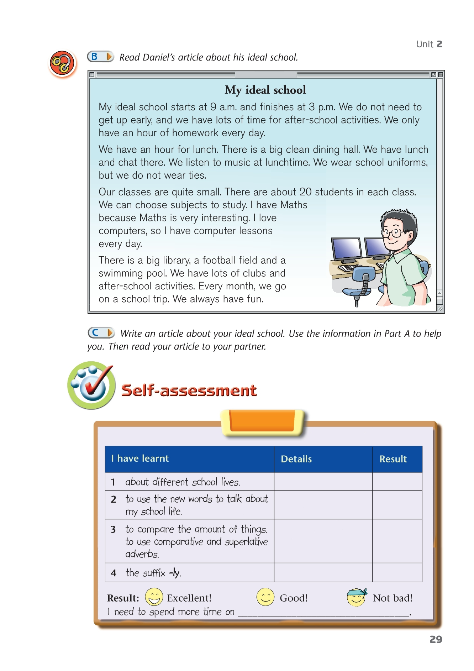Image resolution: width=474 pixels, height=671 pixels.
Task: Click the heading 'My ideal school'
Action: tap(265, 90)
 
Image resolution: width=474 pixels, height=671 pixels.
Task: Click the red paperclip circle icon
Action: tap(62, 63)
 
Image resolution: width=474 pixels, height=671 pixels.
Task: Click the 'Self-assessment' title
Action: tap(189, 390)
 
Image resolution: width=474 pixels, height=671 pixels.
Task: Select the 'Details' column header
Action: tap(296, 459)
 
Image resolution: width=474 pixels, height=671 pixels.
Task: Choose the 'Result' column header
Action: tap(393, 459)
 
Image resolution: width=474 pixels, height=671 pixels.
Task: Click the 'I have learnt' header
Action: tap(140, 458)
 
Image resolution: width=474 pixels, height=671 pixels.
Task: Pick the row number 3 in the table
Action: tap(113, 530)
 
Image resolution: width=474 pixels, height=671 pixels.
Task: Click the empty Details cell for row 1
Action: tap(323, 482)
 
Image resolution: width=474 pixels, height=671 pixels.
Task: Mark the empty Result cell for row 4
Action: tap(397, 572)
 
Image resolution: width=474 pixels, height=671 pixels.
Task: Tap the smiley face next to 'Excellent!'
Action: tap(154, 597)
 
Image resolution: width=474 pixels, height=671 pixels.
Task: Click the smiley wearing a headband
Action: tap(357, 597)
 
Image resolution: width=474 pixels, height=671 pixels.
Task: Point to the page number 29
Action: tap(436, 639)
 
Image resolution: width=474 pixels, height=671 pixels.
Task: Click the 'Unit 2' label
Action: tap(429, 44)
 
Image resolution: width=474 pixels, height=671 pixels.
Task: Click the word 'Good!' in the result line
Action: tap(294, 598)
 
